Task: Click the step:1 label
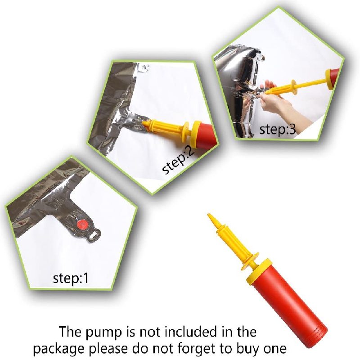pos(71,278)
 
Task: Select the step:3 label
pos(277,130)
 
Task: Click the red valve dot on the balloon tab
pos(83,224)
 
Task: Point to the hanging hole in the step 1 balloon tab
pos(95,235)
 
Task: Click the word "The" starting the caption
pos(71,331)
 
